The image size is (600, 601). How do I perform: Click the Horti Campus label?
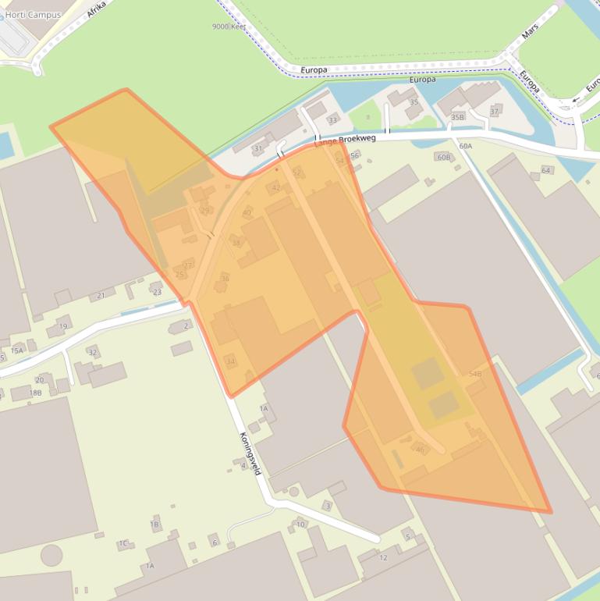coord(33,15)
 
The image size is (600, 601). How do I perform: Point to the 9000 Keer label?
coord(229,27)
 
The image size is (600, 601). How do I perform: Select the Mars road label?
coord(530,31)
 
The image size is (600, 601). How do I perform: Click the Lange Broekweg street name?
coord(345,140)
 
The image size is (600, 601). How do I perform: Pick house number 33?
coord(333,120)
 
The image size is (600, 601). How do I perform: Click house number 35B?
coord(457,117)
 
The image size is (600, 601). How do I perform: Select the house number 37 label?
coord(495,111)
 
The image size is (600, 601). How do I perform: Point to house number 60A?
coord(466,146)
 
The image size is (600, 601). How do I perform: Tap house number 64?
coord(545,170)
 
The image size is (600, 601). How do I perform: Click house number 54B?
coord(474,375)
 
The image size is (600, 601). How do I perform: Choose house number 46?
coord(420,450)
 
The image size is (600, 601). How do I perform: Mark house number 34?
coord(230,361)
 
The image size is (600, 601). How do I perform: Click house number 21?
coord(101,296)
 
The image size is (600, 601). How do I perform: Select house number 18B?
coord(35,393)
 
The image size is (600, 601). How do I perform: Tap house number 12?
coord(383,557)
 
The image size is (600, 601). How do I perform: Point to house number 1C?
coord(123,543)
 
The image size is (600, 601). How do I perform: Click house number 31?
coord(258,148)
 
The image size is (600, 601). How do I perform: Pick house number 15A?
coord(16,350)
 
